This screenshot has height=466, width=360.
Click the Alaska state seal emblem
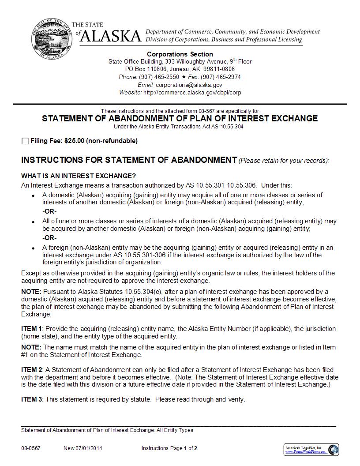pos(50,39)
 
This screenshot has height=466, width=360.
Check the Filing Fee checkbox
pos(25,141)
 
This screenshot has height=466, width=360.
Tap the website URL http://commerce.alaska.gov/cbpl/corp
pos(192,93)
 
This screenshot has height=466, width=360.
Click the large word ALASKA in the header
pos(111,37)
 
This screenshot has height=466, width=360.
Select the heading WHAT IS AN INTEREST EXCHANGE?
pos(79,176)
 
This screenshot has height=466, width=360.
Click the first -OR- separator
pos(49,211)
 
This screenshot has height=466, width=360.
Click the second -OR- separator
pos(49,238)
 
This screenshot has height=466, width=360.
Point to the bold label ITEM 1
pos(32,329)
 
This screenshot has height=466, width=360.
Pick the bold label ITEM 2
pos(32,369)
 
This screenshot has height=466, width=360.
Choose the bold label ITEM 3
pos(32,399)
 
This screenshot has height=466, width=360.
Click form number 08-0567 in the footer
pos(30,448)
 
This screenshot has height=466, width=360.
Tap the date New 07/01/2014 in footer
pos(83,448)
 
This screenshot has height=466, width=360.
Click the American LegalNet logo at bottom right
pos(311,450)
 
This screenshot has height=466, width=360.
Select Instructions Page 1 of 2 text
pos(169,448)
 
